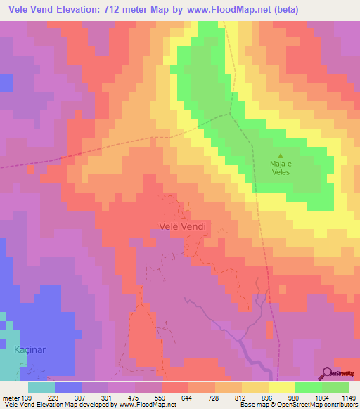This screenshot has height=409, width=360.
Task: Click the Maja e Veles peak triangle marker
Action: coord(281,157)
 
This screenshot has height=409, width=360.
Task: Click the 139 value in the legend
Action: coord(27,398)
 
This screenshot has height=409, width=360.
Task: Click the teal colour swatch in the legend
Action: coord(41,387)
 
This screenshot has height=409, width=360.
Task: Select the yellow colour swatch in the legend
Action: coord(282,387)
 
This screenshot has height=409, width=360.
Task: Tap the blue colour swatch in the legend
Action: coord(68,387)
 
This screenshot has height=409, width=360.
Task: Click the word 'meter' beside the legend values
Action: coord(11,398)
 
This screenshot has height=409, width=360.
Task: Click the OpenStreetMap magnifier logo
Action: coord(327,373)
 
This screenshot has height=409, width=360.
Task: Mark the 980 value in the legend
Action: coord(295,398)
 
